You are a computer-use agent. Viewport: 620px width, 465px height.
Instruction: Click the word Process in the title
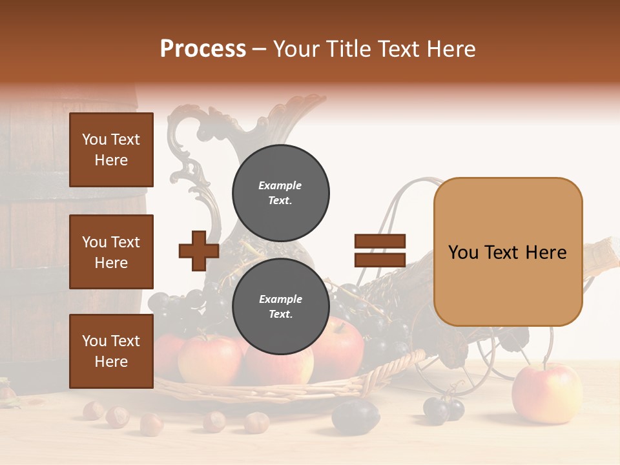pyautogui.click(x=203, y=49)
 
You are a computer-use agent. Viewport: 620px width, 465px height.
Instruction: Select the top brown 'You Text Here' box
pyautogui.click(x=111, y=150)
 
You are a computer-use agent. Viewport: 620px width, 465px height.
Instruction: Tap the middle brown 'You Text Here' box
pyautogui.click(x=111, y=252)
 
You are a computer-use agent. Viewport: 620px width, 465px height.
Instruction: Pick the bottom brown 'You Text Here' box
pyautogui.click(x=111, y=351)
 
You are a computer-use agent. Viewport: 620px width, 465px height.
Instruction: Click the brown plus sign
pyautogui.click(x=199, y=251)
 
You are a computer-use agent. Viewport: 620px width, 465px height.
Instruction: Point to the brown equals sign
pyautogui.click(x=380, y=251)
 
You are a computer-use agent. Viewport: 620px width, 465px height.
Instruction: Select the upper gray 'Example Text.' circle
pyautogui.click(x=280, y=192)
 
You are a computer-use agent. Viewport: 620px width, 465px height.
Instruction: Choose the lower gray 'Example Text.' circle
pyautogui.click(x=280, y=307)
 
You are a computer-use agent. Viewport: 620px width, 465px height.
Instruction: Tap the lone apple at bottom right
pyautogui.click(x=546, y=393)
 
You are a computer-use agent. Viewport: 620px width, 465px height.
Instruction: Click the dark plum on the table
pyautogui.click(x=355, y=415)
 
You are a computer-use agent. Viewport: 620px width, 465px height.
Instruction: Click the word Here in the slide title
pyautogui.click(x=449, y=49)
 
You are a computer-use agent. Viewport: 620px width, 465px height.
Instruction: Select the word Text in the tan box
pyautogui.click(x=506, y=253)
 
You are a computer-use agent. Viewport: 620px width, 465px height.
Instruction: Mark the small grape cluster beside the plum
pyautogui.click(x=444, y=409)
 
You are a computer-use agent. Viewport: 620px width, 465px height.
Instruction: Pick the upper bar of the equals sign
pyautogui.click(x=380, y=242)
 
